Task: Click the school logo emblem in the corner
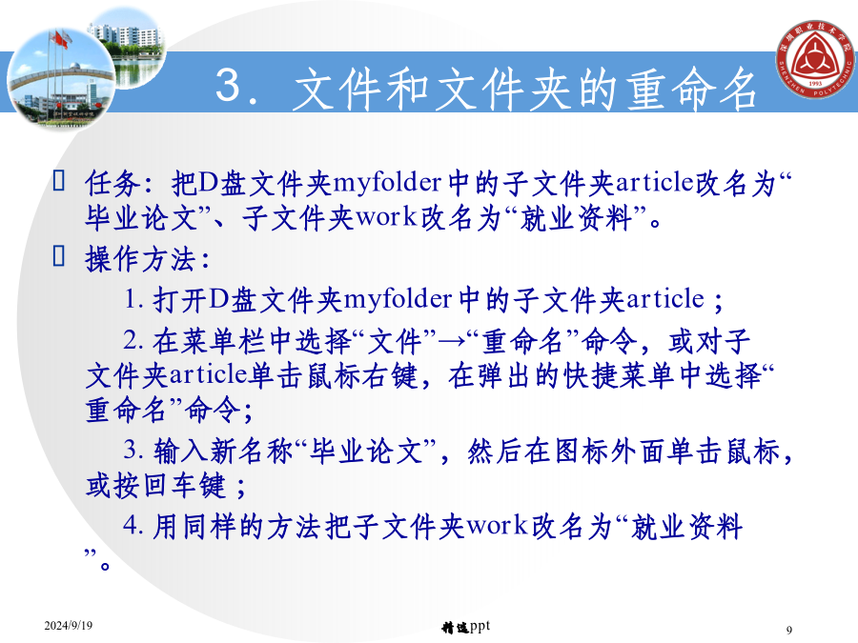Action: coord(816,59)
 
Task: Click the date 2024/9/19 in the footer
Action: coord(69,625)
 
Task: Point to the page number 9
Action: coord(789,630)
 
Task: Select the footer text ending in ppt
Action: coord(465,627)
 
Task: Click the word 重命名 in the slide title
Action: coord(692,90)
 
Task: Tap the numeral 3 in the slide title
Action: coord(228,85)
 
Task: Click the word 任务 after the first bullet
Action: coord(112,183)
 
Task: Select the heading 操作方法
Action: coord(141,258)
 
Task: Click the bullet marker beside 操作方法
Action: coord(58,255)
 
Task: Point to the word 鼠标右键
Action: coord(361,376)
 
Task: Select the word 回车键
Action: coord(183,486)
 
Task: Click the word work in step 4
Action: coord(497,526)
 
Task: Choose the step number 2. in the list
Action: coord(133,341)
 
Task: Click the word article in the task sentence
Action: coord(654,183)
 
